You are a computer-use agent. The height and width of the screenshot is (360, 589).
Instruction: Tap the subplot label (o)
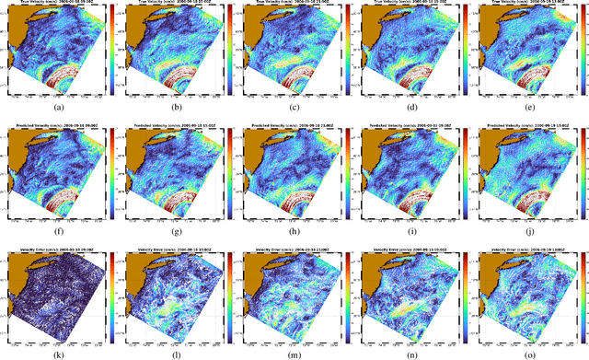[x=525, y=351]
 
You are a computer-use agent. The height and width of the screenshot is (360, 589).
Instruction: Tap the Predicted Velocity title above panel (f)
[x=53, y=122]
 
